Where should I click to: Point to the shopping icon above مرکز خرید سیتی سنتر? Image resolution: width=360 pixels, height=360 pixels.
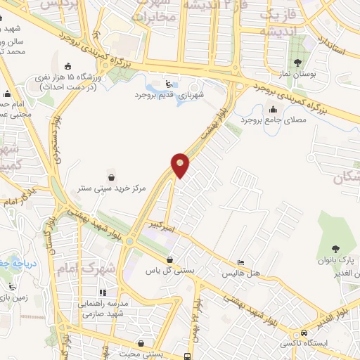(110, 175)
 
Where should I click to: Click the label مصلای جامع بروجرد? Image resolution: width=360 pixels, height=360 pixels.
(271, 120)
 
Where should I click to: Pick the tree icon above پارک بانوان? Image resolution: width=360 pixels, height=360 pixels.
(335, 247)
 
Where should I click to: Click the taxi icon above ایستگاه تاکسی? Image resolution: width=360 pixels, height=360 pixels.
(304, 332)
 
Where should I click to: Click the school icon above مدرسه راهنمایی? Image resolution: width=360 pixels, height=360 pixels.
(103, 292)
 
